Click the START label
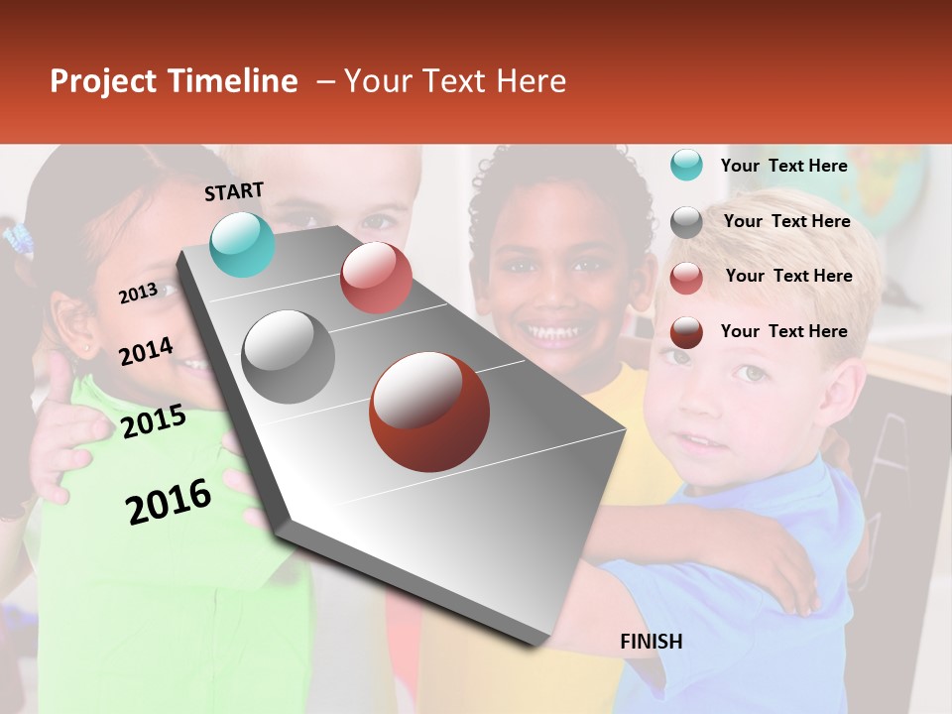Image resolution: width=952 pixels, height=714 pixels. (x=234, y=191)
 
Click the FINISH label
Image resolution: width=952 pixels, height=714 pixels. (x=651, y=642)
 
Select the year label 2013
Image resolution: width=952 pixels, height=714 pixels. (x=138, y=293)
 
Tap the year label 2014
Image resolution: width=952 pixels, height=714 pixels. (x=146, y=351)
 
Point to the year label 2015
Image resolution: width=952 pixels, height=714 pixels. (x=154, y=421)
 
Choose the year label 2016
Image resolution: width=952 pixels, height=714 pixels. (x=169, y=501)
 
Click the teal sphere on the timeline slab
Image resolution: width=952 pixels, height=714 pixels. (x=243, y=244)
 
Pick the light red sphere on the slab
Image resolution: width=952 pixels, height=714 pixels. (x=376, y=278)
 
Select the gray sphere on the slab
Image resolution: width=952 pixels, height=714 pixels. (x=289, y=356)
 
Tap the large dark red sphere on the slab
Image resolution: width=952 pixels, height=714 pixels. (x=429, y=412)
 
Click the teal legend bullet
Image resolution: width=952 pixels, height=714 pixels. (x=686, y=165)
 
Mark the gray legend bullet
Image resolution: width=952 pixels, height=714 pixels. (x=686, y=222)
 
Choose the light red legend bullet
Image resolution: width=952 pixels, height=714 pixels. (x=686, y=278)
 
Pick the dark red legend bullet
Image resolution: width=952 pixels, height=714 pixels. (x=686, y=332)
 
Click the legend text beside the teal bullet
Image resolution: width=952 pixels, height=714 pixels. (x=783, y=166)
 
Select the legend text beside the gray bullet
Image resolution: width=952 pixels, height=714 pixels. (x=786, y=221)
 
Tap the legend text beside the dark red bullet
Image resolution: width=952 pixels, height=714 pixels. (x=783, y=331)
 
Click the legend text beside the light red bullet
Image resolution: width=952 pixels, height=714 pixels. (x=788, y=276)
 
